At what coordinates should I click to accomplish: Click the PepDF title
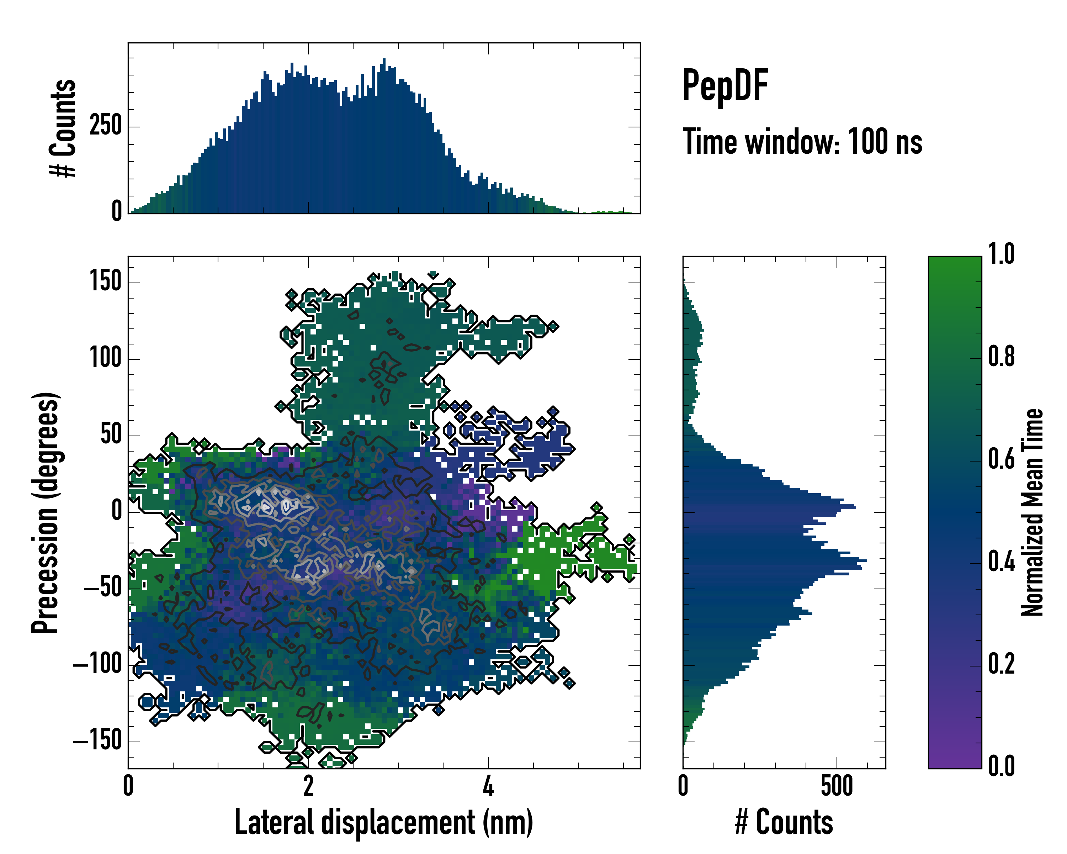[x=724, y=85]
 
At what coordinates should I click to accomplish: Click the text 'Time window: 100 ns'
[x=802, y=142]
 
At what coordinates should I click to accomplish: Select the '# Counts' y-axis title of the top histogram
[x=63, y=128]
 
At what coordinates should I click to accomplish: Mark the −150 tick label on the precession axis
[x=97, y=741]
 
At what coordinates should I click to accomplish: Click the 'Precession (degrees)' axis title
[x=46, y=513]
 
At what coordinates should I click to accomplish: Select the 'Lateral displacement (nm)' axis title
[x=383, y=822]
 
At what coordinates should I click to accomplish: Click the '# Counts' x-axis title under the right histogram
[x=784, y=822]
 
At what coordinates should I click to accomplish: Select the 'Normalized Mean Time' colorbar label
[x=1033, y=512]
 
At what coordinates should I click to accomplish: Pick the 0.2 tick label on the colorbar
[x=1001, y=663]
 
